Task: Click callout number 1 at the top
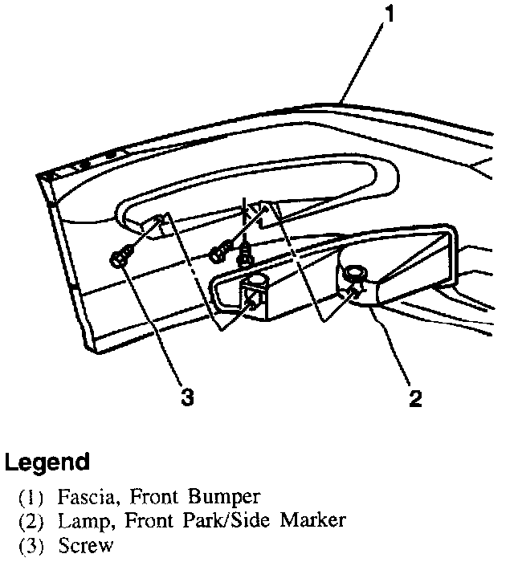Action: tap(390, 14)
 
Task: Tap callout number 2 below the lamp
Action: tap(414, 397)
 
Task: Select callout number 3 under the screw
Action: tap(187, 397)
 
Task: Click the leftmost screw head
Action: tap(120, 259)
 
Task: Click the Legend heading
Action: tap(47, 463)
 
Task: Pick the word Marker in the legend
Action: tap(313, 520)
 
